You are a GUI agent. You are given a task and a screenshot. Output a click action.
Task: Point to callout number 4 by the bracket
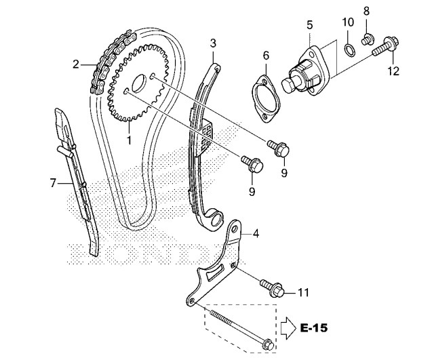click(256, 234)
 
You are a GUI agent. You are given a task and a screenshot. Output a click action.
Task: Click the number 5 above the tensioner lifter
click(309, 25)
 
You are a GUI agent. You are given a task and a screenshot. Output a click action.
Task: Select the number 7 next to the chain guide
click(52, 182)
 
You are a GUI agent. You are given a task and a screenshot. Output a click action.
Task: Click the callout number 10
click(347, 22)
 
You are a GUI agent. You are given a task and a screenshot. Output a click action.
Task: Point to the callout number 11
click(303, 293)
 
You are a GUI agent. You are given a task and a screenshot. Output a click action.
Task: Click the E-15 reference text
click(313, 329)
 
